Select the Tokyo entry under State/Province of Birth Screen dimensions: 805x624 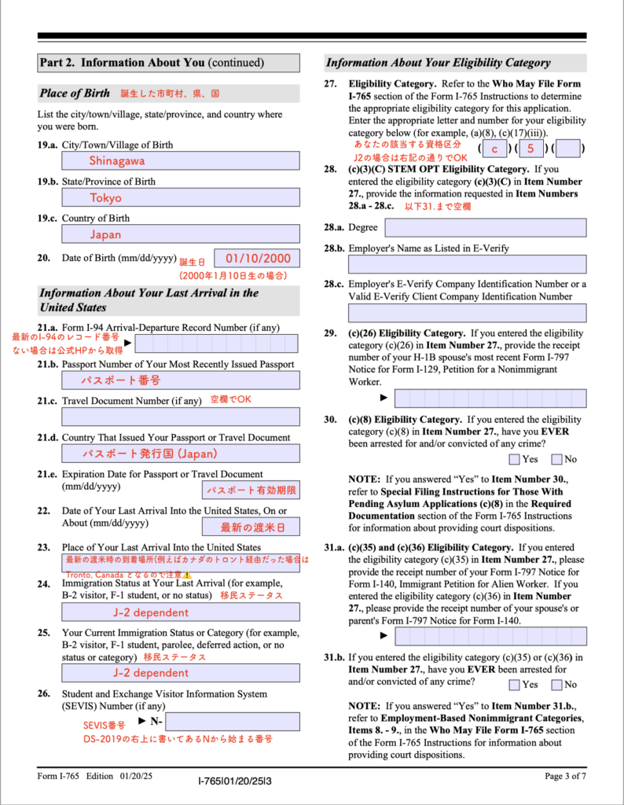(x=105, y=197)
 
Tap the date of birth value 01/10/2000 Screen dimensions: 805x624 (x=258, y=258)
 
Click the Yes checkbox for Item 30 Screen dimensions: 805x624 (x=514, y=459)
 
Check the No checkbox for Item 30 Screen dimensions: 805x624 (x=556, y=459)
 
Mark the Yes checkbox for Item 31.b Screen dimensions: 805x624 (x=514, y=685)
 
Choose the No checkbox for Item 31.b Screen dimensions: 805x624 (x=556, y=685)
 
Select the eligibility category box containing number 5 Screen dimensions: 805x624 (x=531, y=149)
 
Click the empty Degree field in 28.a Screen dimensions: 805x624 (x=485, y=227)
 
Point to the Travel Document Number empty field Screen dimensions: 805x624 (x=181, y=417)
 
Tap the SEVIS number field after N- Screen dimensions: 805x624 (x=232, y=722)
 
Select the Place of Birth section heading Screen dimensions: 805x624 (x=75, y=94)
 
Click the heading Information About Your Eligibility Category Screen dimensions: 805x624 (x=439, y=63)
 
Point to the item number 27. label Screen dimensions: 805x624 (x=330, y=83)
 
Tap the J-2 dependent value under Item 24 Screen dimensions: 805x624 (x=151, y=612)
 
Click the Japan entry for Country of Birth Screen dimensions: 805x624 (x=105, y=234)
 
